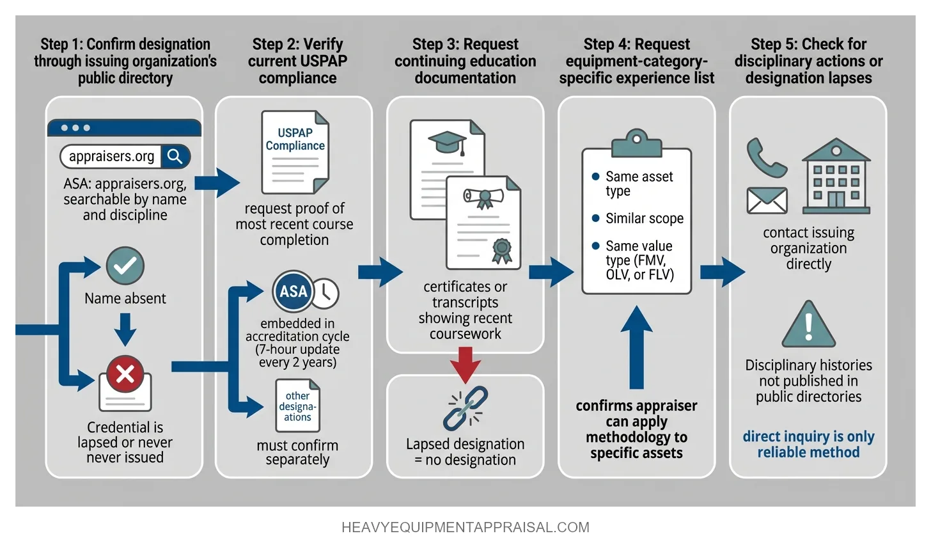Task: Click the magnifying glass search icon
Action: click(x=175, y=156)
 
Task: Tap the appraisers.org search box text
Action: click(x=111, y=156)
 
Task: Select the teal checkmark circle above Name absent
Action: click(x=125, y=265)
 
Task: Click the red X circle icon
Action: click(x=125, y=374)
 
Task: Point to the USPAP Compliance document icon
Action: click(x=295, y=152)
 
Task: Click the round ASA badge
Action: click(x=293, y=291)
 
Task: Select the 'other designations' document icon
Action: click(x=297, y=406)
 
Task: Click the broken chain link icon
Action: click(x=465, y=408)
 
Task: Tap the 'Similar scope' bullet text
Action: click(x=644, y=218)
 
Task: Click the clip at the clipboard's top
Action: click(x=636, y=142)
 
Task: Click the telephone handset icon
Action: click(x=766, y=157)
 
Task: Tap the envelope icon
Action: click(x=767, y=201)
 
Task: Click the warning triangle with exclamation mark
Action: click(x=809, y=324)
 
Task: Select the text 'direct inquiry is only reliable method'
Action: click(x=808, y=445)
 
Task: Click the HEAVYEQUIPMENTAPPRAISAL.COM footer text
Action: click(x=465, y=527)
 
